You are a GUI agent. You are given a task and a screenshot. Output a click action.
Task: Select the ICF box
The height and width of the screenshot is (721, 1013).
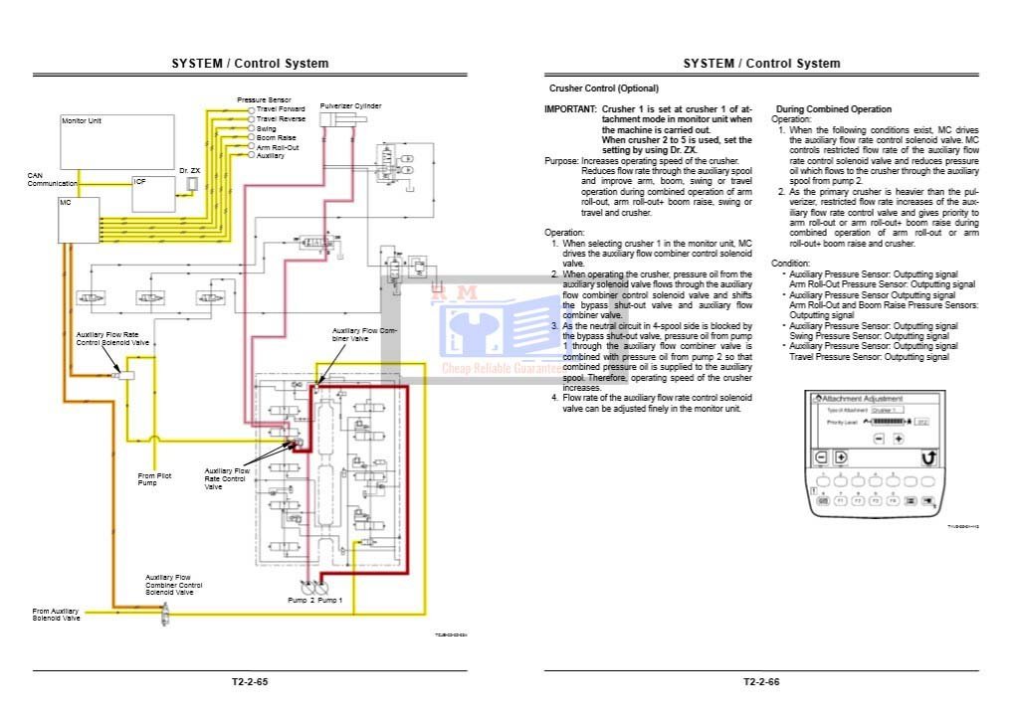click(151, 194)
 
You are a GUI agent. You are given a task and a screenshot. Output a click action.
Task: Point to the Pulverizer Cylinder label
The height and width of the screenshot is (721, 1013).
click(350, 105)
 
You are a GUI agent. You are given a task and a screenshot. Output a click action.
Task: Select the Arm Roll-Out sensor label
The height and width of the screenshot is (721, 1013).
click(278, 147)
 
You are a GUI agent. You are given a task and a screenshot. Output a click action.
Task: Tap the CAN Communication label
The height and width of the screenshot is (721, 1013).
click(52, 179)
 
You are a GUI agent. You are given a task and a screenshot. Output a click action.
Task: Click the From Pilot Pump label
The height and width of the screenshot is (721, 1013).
click(154, 479)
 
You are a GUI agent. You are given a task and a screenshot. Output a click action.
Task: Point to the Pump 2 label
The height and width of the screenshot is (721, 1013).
click(302, 601)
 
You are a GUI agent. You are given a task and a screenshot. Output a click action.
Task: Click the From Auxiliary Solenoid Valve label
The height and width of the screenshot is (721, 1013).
click(55, 615)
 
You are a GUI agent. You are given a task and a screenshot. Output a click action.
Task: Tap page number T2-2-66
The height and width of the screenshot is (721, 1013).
click(760, 682)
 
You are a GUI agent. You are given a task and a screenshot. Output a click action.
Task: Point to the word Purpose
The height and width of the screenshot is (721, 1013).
click(561, 160)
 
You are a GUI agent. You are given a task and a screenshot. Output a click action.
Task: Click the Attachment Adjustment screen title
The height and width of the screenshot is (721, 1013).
click(863, 398)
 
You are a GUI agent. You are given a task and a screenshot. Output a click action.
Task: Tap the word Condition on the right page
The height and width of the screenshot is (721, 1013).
click(790, 264)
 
